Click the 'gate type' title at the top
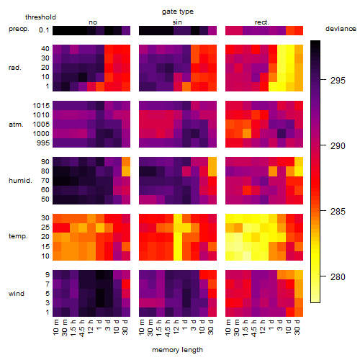178,12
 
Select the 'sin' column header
177,22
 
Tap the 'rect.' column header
261,22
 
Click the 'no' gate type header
93,22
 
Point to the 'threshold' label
40,17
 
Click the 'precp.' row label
19,29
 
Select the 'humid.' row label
20,180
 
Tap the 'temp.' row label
18,236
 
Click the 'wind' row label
17,293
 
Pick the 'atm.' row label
16,125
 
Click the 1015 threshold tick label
41,106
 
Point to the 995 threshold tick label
43,143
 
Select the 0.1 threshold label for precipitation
44,30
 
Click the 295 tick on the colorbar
338,81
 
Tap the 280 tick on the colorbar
338,277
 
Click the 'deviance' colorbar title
341,29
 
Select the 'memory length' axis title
177,350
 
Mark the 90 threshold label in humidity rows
45,162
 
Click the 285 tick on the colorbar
338,212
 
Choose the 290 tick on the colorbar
338,146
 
